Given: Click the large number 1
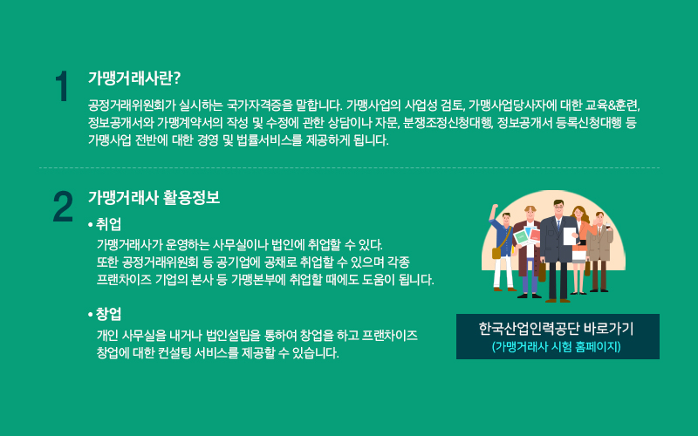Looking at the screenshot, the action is click(x=62, y=86).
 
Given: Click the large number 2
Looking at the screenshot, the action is click(x=63, y=206).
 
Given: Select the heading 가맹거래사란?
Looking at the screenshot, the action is click(x=134, y=78).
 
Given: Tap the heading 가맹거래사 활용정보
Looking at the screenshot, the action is click(x=154, y=198).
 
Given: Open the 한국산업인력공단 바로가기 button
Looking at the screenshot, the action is click(x=558, y=337).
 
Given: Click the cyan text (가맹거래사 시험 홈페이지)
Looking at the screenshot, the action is click(x=556, y=346).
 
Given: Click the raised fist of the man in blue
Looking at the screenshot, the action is click(x=494, y=208).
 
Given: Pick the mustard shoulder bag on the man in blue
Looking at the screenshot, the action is click(x=496, y=253).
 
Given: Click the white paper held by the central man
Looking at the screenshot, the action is click(x=570, y=235).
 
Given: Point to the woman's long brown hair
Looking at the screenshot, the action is click(x=579, y=215).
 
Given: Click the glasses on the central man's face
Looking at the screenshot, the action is click(x=558, y=207).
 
